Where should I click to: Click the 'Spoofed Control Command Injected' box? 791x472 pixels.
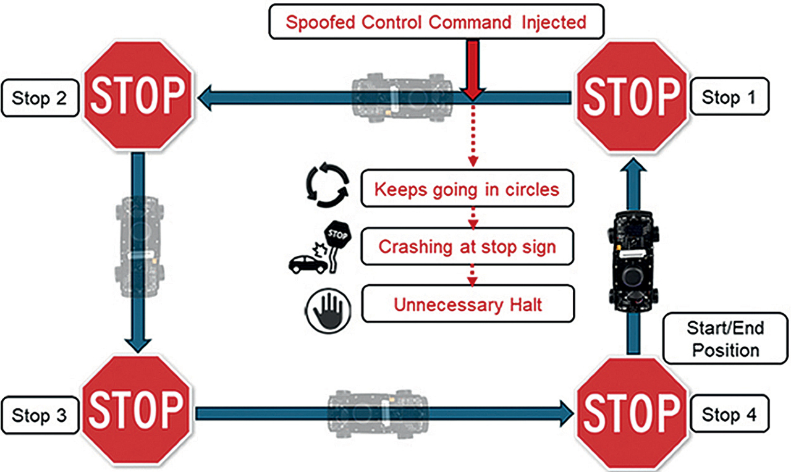point(436,23)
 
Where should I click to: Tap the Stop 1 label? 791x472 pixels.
point(730,98)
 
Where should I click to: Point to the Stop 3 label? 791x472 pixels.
point(40,415)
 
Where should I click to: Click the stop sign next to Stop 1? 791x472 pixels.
point(631,96)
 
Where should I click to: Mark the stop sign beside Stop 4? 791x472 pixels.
point(631,411)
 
